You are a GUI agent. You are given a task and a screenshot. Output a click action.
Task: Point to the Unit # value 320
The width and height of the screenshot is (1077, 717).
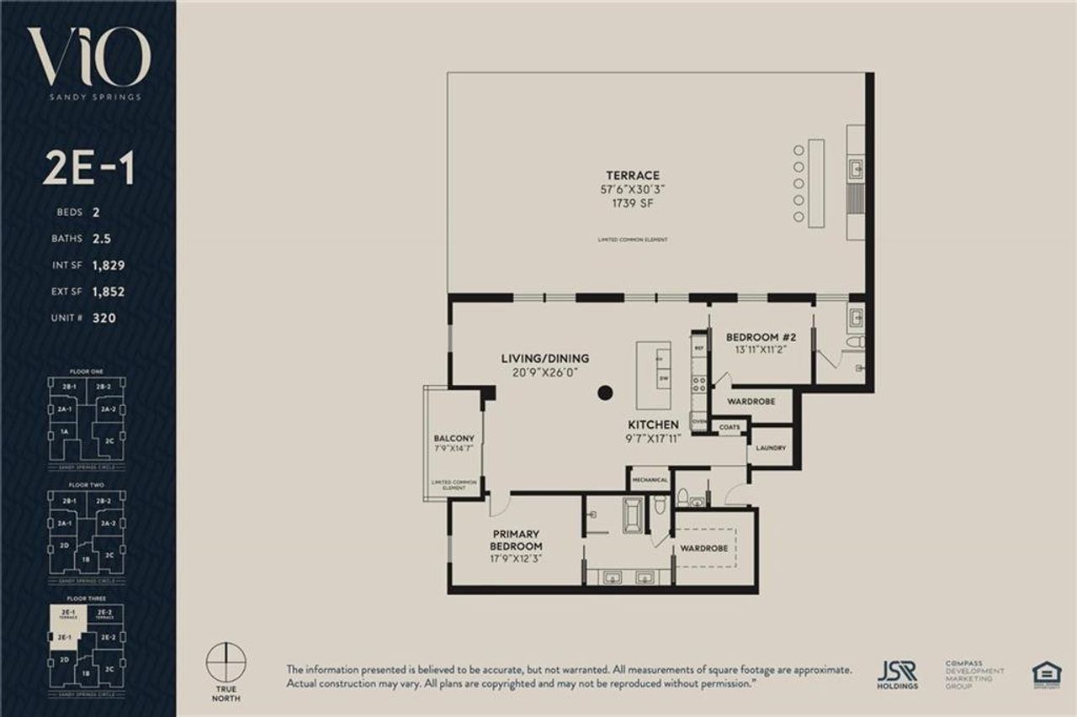[105, 319]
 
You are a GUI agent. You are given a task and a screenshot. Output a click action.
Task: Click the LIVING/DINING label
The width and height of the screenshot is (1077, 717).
[545, 359]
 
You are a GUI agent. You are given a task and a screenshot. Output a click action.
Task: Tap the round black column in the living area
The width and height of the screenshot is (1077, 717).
[605, 393]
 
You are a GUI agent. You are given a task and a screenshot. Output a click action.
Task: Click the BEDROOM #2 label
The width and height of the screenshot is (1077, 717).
[755, 337]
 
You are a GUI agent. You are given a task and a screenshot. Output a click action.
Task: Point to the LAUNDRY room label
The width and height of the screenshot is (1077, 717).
[770, 448]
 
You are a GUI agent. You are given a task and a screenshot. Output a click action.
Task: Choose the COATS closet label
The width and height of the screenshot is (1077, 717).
[729, 428]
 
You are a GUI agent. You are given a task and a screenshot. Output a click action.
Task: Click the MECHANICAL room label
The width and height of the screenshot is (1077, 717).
[650, 480]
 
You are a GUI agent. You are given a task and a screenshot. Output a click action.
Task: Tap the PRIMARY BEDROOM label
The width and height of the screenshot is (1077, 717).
[516, 540]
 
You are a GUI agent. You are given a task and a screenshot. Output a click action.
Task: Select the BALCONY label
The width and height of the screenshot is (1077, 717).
[454, 439]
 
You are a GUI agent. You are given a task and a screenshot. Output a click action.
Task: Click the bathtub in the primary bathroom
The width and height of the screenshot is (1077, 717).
[632, 514]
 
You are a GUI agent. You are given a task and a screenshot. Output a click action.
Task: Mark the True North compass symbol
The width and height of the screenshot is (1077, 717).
[225, 661]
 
